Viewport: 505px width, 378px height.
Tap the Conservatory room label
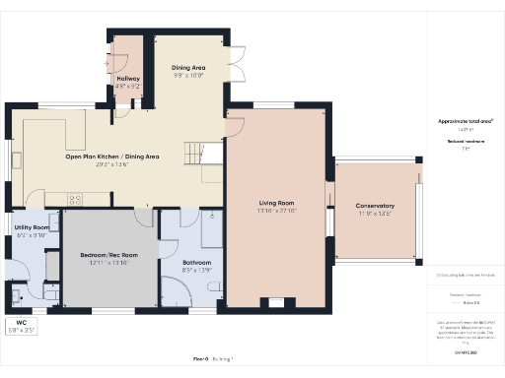[x=375, y=205]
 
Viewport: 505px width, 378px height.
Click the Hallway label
[x=128, y=78]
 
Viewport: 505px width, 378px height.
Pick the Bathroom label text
[x=197, y=262]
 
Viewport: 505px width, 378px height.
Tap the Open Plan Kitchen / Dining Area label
[x=112, y=157]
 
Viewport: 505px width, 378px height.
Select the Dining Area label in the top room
[x=188, y=67]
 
